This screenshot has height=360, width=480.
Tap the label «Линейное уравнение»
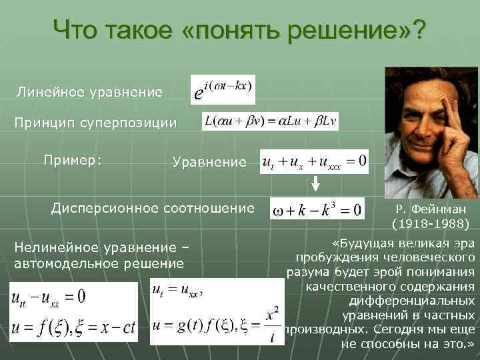[x=89, y=92]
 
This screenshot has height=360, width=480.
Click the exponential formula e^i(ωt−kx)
[x=223, y=89]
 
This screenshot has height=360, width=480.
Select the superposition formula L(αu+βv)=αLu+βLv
[x=270, y=121]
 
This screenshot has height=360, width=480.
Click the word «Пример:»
[x=73, y=160]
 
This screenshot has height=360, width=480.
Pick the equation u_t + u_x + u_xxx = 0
[x=314, y=162]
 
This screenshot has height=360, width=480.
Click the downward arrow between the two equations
[x=317, y=185]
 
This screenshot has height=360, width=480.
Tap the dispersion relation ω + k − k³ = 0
[x=317, y=209]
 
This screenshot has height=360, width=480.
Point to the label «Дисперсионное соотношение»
[x=153, y=208]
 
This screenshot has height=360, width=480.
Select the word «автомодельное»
[x=71, y=263]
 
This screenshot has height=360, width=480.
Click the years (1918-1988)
[x=430, y=222]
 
